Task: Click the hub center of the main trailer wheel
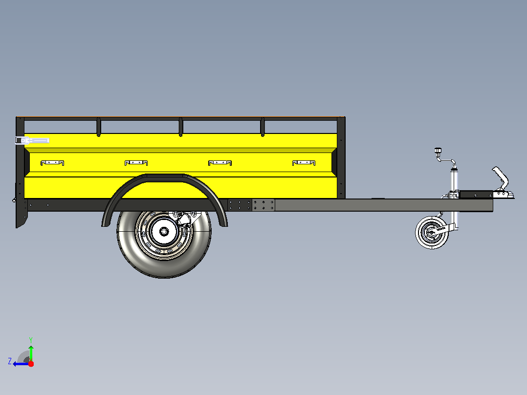[x=164, y=231]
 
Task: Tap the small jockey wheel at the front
[x=432, y=233]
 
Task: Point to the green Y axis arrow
[x=31, y=353]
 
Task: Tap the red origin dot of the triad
[x=31, y=364]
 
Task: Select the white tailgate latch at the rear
[x=32, y=140]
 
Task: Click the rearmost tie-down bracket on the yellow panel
[x=52, y=163]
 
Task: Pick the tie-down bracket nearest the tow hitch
[x=304, y=163]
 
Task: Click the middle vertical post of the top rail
[x=180, y=127]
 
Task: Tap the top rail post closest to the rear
[x=98, y=127]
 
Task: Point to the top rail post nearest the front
[x=263, y=127]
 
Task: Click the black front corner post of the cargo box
[x=341, y=157]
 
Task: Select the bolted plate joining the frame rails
[x=251, y=205]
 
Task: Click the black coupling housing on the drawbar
[x=476, y=194]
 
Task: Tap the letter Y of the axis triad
[x=31, y=340]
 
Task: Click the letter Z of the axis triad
[x=10, y=361]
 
